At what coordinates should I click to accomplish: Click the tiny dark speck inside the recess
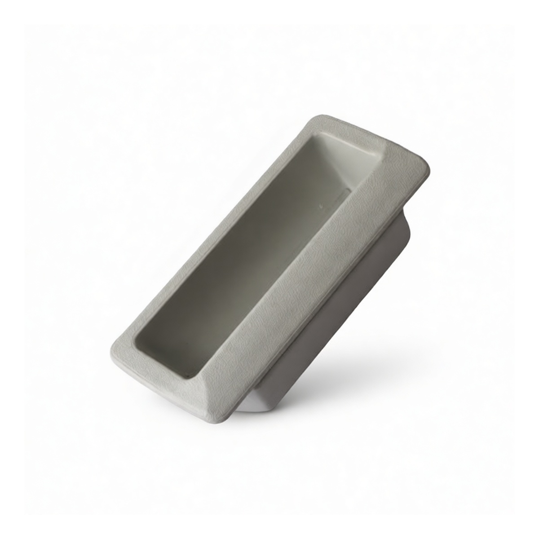point(320,208)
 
